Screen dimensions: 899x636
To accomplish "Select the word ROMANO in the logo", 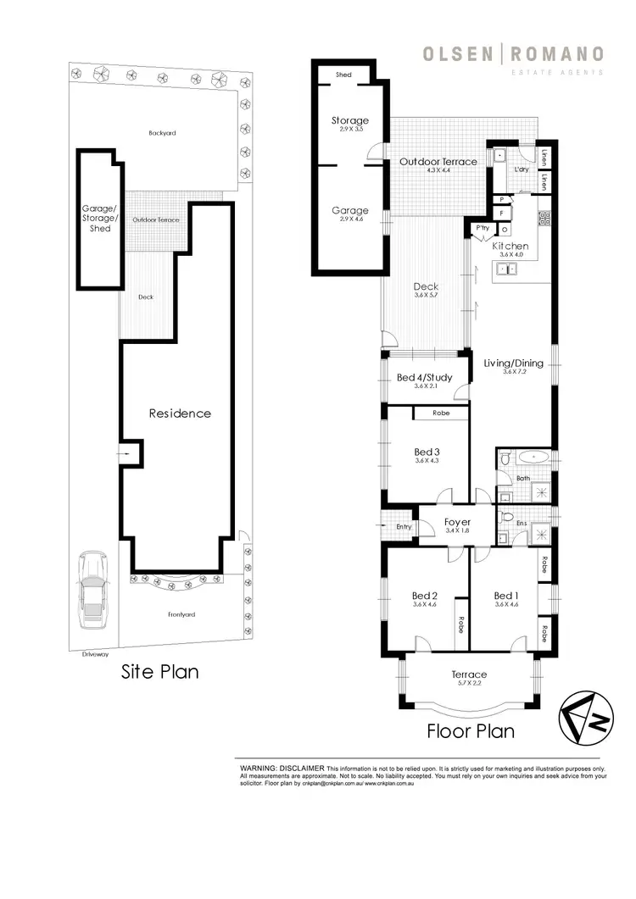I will [556, 54].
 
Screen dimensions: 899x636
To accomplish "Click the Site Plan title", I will [160, 672].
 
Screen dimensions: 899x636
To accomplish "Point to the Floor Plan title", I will [470, 730].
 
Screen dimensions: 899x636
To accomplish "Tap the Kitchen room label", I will [510, 247].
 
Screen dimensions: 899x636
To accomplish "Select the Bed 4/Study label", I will [424, 377].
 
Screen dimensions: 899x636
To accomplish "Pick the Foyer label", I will [457, 522].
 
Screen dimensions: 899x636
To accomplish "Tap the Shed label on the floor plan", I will [343, 75].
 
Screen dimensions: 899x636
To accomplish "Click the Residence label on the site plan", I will [180, 413].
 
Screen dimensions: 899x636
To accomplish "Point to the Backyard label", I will [162, 133].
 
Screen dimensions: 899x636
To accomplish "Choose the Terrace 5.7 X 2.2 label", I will [469, 674].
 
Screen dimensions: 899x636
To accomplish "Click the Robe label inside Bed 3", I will [441, 413].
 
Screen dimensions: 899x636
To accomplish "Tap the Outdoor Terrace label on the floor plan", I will [438, 161].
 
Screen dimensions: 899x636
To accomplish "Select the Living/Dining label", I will [513, 363].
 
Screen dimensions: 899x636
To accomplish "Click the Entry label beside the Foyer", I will [403, 527].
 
